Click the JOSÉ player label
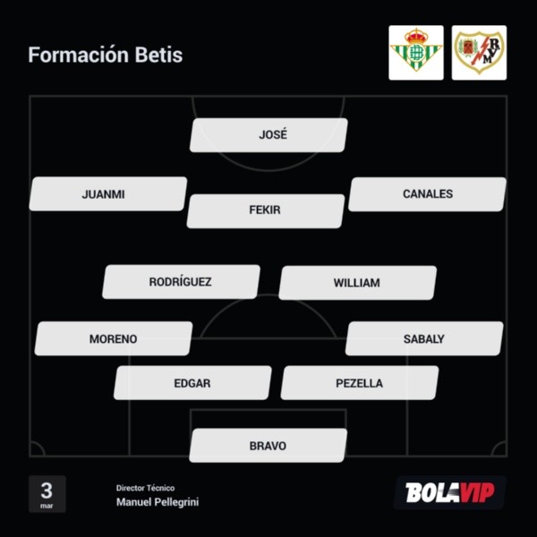268,135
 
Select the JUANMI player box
107,194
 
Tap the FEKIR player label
266,210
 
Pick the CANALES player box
427,194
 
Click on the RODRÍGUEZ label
181,282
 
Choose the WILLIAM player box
357,283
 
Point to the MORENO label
114,339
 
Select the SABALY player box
424,339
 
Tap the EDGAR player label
192,383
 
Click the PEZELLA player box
360,383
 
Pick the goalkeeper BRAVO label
268,446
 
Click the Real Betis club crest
415,53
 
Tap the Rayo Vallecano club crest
479,53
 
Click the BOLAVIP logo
449,493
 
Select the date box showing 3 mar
47,493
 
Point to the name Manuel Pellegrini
158,503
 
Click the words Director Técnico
145,488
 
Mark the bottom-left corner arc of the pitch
36,450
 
